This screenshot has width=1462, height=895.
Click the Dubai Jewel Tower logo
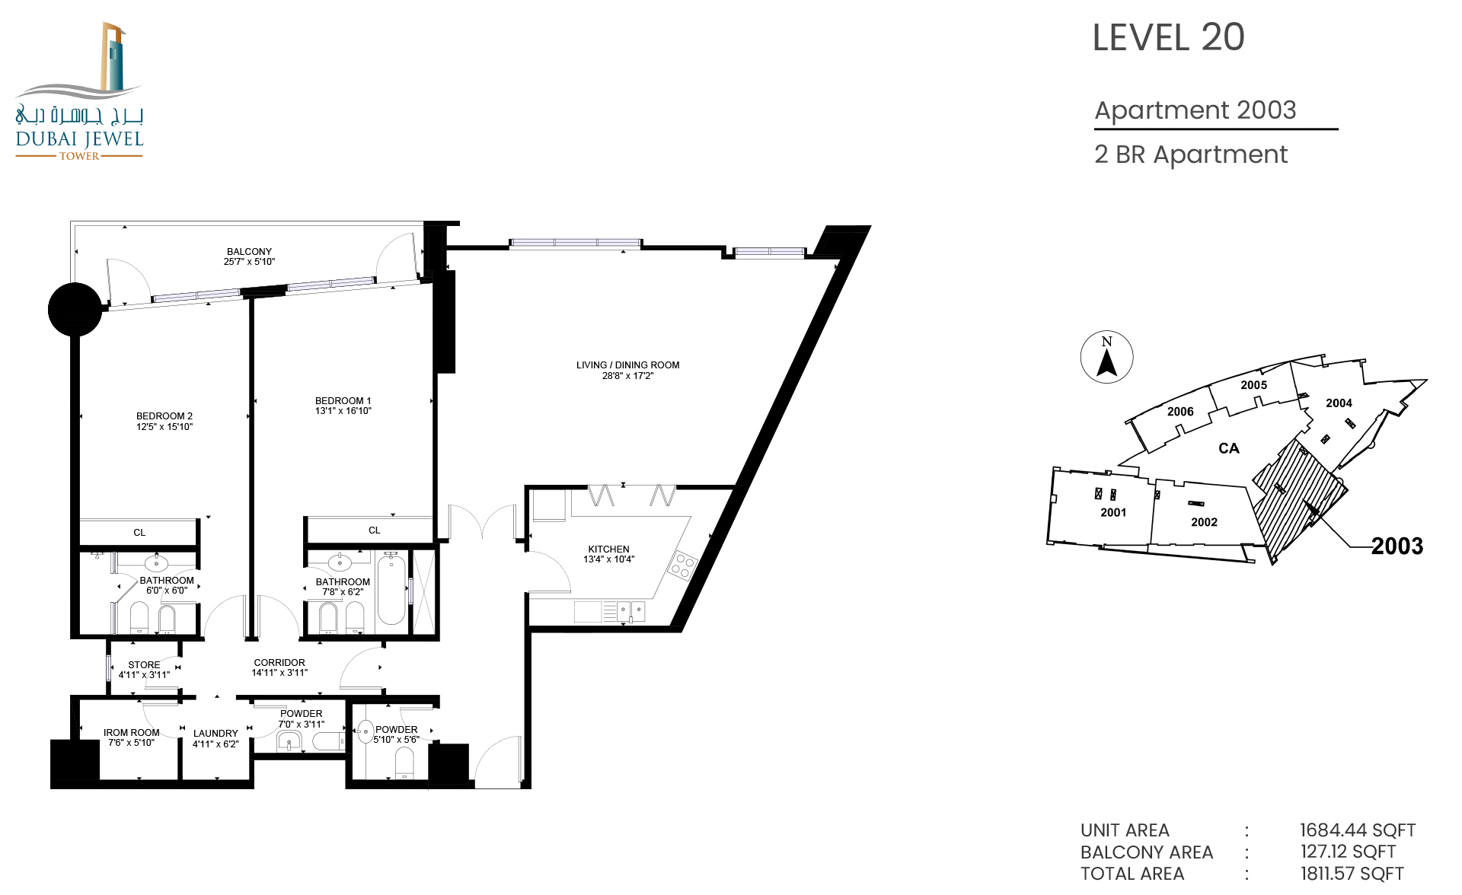coord(79,91)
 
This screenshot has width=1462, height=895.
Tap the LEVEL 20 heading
coord(1168,37)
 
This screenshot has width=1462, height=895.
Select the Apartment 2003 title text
coord(1195,110)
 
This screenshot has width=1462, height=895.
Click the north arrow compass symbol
coord(1106,357)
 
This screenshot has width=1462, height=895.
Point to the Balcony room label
coord(249,251)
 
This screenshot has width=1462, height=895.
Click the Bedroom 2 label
coord(164,416)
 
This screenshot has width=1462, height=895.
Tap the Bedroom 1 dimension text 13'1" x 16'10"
coord(343,411)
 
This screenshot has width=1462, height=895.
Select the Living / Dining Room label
coord(627,365)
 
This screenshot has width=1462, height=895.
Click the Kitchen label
coord(608,549)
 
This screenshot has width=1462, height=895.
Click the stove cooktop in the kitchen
coord(683,565)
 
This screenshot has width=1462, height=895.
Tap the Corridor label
coord(279,663)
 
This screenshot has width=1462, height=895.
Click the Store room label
coord(144,664)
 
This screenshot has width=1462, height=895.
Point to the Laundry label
coord(215,734)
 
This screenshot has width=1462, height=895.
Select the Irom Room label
coord(132,732)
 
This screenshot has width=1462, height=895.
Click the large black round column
coord(75,310)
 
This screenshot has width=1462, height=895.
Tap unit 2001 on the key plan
coord(1113,512)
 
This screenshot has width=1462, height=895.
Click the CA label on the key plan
coord(1228,448)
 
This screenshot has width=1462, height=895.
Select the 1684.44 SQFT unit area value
coord(1358,830)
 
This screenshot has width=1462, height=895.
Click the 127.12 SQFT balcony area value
coord(1348,852)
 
